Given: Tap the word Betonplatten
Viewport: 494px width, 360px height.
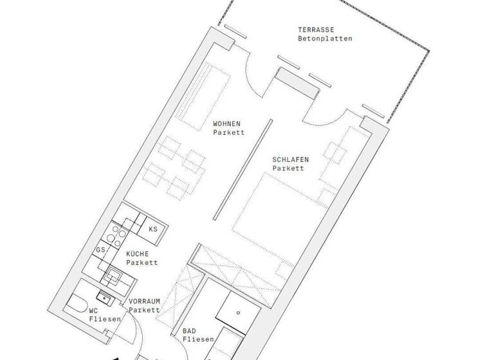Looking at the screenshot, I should [325, 39].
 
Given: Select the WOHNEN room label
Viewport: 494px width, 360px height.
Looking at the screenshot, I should [226, 124].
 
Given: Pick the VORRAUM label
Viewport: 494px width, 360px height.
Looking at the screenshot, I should [144, 301].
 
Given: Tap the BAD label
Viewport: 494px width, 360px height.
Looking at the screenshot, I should [189, 331].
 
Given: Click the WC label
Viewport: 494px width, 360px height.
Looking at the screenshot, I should [93, 310].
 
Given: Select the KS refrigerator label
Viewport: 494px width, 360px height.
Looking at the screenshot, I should [153, 229].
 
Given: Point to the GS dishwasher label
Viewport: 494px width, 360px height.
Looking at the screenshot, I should [100, 249].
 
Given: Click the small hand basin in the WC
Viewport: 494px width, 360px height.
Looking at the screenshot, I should [103, 296].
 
